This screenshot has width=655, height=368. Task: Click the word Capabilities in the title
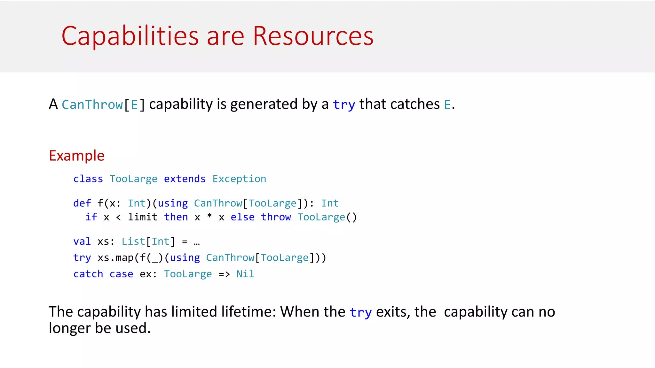(x=130, y=36)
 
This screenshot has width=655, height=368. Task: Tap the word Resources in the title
(x=313, y=36)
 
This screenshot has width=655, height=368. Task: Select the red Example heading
(x=77, y=156)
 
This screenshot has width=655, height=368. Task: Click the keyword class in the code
(x=88, y=179)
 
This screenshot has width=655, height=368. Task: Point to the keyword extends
(x=185, y=179)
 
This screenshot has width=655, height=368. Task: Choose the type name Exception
(x=239, y=179)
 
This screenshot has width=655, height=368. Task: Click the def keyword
(x=82, y=203)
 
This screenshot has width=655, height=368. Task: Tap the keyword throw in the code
(x=276, y=217)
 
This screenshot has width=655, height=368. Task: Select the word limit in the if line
(x=143, y=217)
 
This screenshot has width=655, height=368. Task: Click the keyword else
(x=242, y=217)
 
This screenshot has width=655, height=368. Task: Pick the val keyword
(x=82, y=241)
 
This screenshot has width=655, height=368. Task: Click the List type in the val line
(x=133, y=241)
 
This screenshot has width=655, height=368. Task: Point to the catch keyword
(x=88, y=274)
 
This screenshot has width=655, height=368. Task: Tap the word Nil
(x=245, y=274)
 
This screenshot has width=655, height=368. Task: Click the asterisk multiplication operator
(x=209, y=217)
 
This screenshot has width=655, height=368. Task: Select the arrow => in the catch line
(x=224, y=274)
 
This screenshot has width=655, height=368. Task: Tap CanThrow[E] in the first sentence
(x=103, y=105)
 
